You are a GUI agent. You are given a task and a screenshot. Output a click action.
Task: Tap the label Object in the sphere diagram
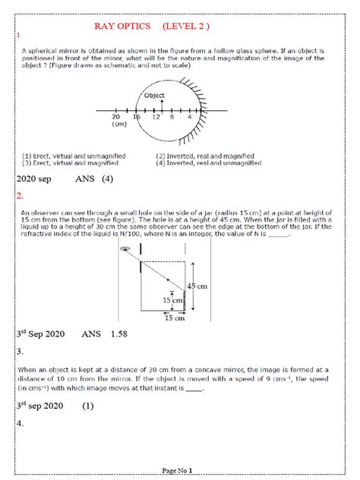click(155, 96)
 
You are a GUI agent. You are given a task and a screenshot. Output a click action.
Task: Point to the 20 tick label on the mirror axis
click(116, 118)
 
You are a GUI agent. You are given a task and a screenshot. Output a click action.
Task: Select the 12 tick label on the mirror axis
click(156, 118)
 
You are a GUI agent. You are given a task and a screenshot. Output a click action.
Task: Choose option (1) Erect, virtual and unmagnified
click(75, 156)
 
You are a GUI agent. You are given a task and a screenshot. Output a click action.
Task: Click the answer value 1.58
click(114, 333)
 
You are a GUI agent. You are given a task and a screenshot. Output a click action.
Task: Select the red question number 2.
click(21, 197)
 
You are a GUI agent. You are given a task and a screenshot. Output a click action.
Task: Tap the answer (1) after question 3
click(88, 406)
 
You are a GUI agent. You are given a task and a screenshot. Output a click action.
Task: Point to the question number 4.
click(21, 424)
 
